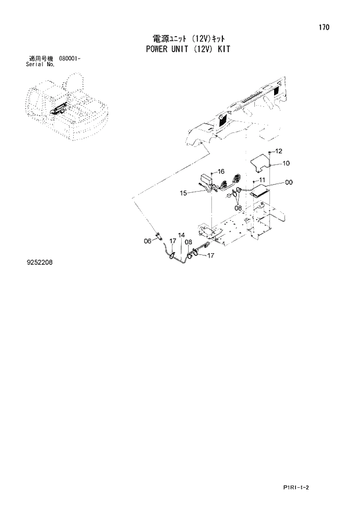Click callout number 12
pyautogui.click(x=278, y=151)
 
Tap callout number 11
pyautogui.click(x=262, y=179)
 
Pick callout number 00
pyautogui.click(x=289, y=182)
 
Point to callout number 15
pyautogui.click(x=183, y=193)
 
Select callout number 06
pyautogui.click(x=147, y=240)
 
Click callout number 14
pyautogui.click(x=182, y=235)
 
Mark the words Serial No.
pyautogui.click(x=40, y=65)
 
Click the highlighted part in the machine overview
pyautogui.click(x=59, y=108)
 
